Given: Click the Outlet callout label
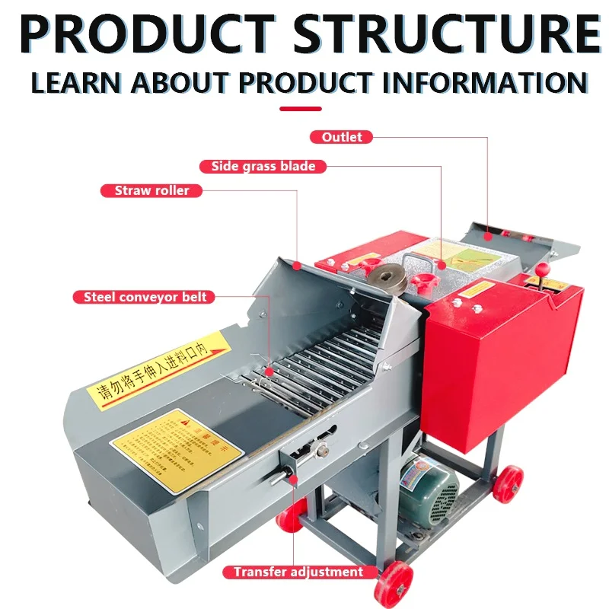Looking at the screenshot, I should tap(336, 137).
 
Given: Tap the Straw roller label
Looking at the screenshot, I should tap(151, 190).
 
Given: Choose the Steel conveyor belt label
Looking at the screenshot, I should tap(145, 297).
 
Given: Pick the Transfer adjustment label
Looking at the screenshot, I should tap(298, 572).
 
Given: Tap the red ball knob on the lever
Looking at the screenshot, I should tap(543, 269).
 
